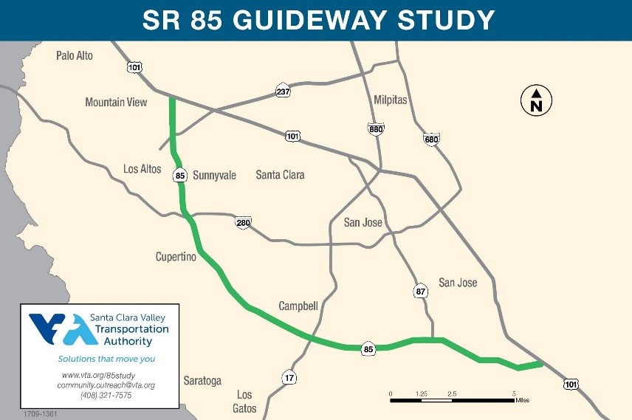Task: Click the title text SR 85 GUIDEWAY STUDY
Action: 318,20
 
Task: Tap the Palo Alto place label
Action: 75,55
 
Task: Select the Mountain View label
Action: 116,103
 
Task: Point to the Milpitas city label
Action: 391,100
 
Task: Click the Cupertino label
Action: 176,257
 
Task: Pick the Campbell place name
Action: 298,306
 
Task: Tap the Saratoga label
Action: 202,381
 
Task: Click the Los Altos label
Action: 142,169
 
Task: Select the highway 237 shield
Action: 284,92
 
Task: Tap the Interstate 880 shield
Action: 376,129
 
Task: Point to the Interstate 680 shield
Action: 432,139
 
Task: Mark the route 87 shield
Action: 421,292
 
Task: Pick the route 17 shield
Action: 289,378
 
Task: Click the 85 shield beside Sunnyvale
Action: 180,176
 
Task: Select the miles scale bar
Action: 452,399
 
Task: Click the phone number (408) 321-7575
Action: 106,396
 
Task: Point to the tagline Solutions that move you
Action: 106,359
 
